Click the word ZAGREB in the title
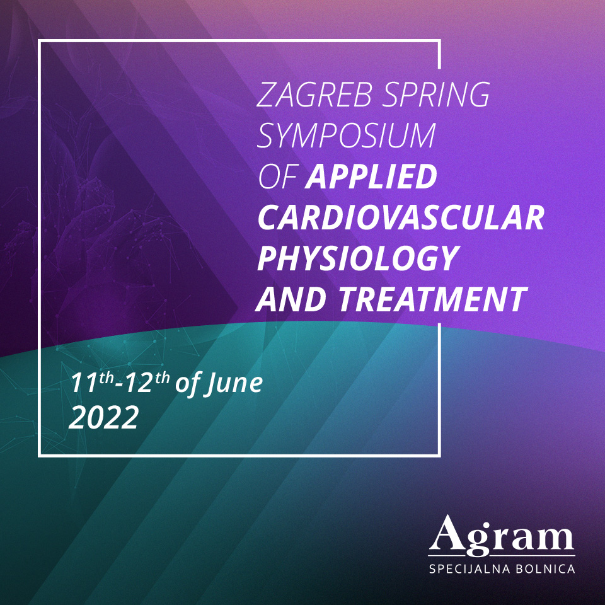(314, 95)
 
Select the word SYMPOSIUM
(347, 135)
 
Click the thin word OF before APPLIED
(277, 176)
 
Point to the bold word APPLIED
(371, 176)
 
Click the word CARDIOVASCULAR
(401, 217)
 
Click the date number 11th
(92, 382)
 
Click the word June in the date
(233, 384)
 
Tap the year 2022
(104, 417)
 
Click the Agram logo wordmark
(502, 534)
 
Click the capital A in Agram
(448, 532)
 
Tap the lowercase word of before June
(187, 384)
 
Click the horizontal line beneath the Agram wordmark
(502, 556)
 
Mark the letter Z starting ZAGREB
(266, 95)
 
